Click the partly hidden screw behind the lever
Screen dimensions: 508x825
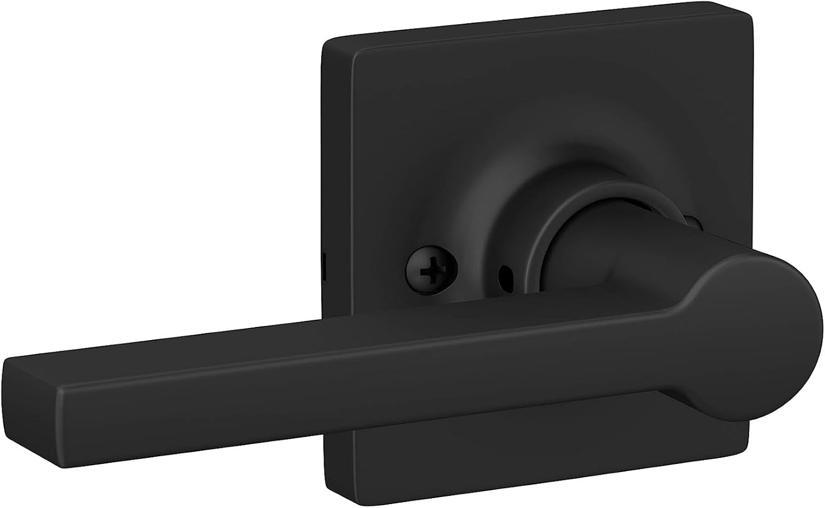click(x=697, y=224)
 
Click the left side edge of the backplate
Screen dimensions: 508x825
click(x=323, y=165)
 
